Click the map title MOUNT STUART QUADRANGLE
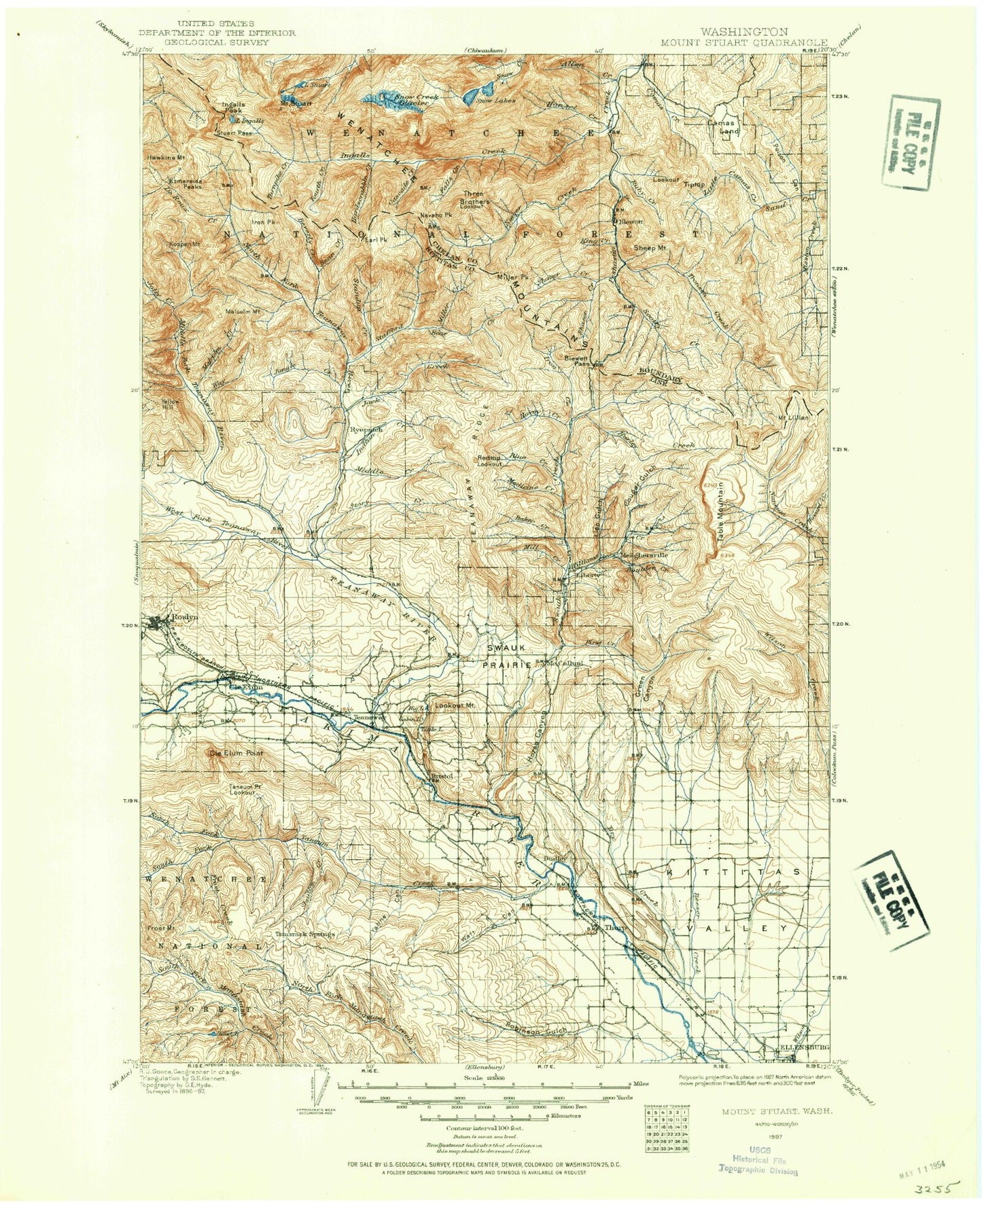coord(744,41)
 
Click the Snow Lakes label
coord(495,101)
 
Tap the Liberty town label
coord(589,574)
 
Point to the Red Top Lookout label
coord(489,461)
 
